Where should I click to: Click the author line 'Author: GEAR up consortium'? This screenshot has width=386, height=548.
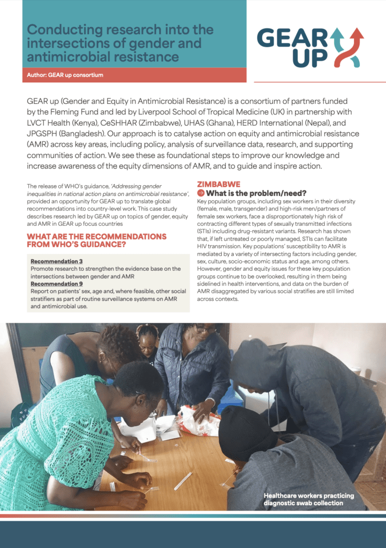click(65, 75)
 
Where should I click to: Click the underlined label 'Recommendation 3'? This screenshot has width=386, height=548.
click(56, 261)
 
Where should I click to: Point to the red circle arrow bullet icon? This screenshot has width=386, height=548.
click(201, 193)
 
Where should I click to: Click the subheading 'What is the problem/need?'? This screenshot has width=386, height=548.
click(256, 193)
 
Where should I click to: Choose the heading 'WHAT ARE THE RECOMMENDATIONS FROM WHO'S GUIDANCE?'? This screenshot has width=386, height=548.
click(96, 240)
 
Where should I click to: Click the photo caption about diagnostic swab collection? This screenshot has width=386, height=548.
click(303, 499)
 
